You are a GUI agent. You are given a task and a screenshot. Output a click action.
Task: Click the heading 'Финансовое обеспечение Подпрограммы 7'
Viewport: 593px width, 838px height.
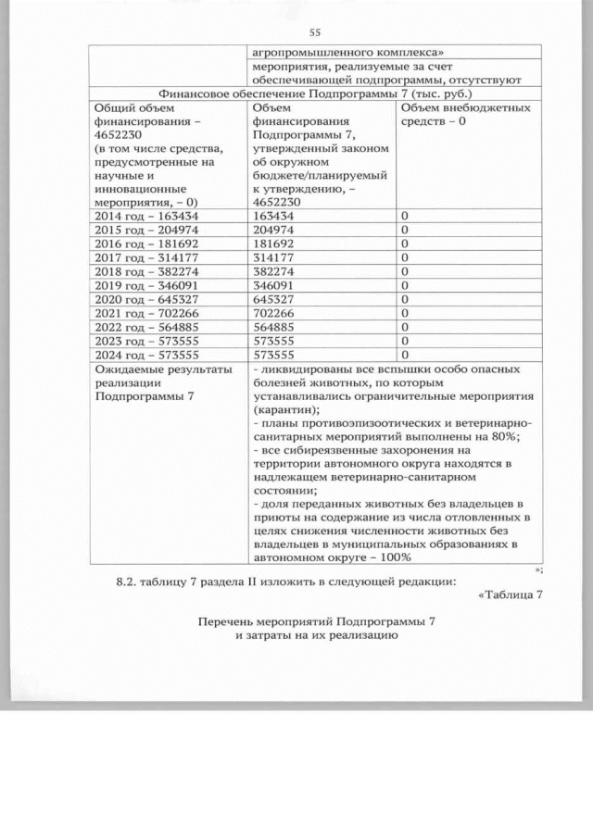316,94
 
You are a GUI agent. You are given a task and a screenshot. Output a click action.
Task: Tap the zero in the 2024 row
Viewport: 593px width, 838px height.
404,355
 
